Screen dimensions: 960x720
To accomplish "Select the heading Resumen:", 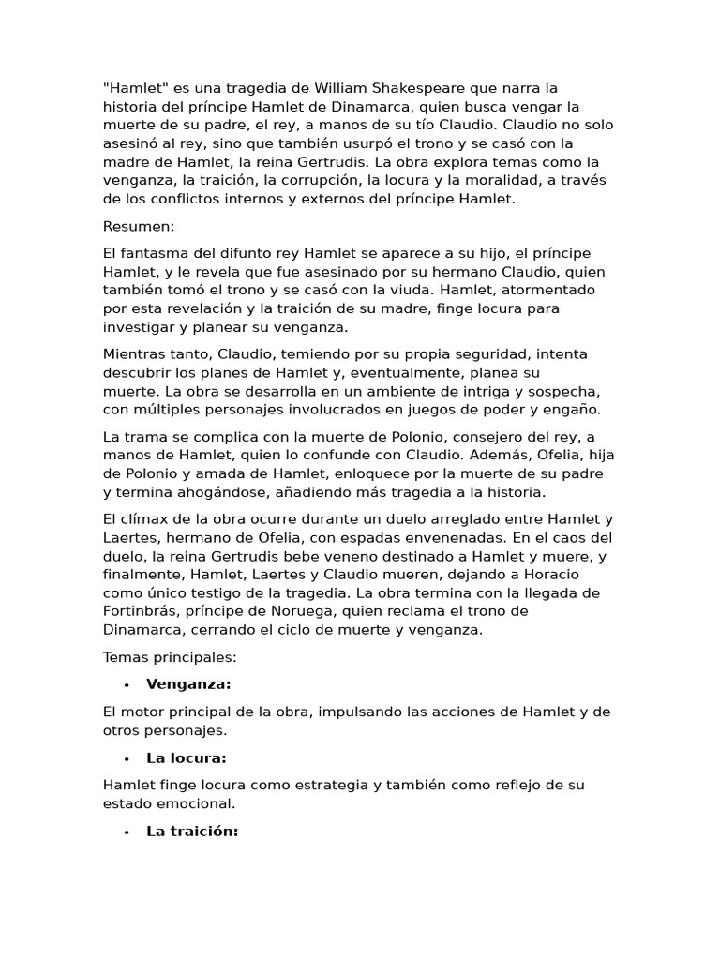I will coord(139,226).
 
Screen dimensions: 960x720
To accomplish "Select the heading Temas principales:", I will coord(170,657).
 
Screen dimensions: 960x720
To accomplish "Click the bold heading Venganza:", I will coord(188,684).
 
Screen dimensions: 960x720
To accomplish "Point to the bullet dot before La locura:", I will coord(125,758).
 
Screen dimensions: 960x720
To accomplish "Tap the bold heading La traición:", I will coord(192,832).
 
